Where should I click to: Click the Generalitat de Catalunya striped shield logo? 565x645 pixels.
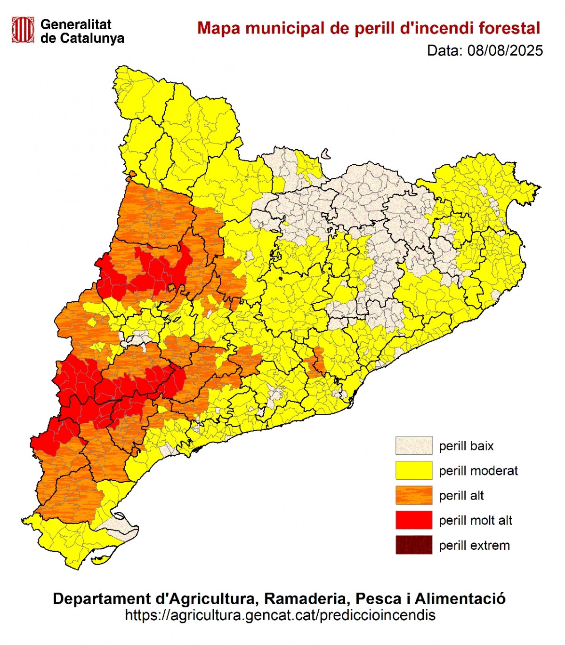click(23, 30)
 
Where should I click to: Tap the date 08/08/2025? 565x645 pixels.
click(505, 51)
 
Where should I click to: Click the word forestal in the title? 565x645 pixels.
click(509, 28)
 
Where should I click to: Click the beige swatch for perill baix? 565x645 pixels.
click(413, 445)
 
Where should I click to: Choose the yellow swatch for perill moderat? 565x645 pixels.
click(413, 470)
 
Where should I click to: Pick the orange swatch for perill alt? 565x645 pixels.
click(413, 495)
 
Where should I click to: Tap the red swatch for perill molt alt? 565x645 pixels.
click(413, 520)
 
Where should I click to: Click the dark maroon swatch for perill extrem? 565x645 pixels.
click(413, 545)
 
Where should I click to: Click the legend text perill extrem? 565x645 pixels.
click(474, 546)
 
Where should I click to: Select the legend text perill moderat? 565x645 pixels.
click(478, 471)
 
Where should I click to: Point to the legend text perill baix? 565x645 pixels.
click(466, 446)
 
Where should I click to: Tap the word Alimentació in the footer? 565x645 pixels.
click(460, 599)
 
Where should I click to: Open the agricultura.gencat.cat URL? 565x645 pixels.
click(280, 615)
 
